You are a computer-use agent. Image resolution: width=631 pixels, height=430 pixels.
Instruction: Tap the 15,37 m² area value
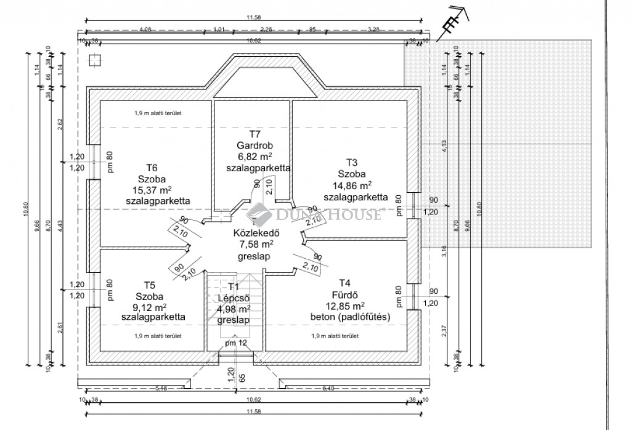152,190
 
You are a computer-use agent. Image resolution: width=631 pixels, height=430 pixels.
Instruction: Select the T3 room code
352,163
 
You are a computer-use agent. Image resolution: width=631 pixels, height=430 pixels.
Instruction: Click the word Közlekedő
258,233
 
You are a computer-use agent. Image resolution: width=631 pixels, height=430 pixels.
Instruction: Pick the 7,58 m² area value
257,244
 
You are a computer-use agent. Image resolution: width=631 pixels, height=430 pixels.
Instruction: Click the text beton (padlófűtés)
350,317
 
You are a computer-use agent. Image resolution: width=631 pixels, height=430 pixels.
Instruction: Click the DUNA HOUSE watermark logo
315,214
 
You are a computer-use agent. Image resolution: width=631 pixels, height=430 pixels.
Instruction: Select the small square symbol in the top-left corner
94,60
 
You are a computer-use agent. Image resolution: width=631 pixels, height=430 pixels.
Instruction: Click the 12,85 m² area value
345,306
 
